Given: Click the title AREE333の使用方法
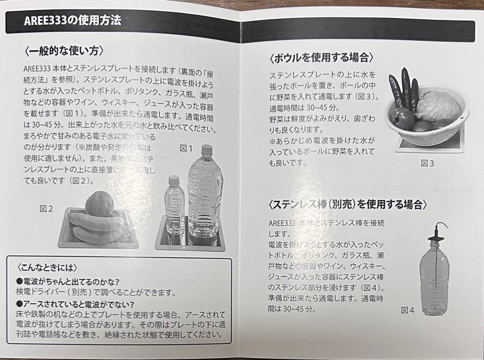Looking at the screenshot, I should point(73,21).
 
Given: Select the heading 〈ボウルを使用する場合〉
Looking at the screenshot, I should point(321,58).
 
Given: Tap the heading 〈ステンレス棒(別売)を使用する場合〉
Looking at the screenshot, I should point(347,205).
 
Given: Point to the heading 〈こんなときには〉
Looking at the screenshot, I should point(47,268).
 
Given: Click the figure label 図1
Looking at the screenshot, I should point(186,148).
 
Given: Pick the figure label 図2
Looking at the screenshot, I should point(46,209).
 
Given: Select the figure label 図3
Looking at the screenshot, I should point(427,163).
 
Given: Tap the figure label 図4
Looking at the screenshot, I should point(407,310).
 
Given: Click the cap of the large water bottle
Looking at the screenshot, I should point(207,150).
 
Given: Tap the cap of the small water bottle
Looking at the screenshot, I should point(174,180).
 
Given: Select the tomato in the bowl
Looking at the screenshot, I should point(402,119).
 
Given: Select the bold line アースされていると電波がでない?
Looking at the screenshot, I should point(78,304).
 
